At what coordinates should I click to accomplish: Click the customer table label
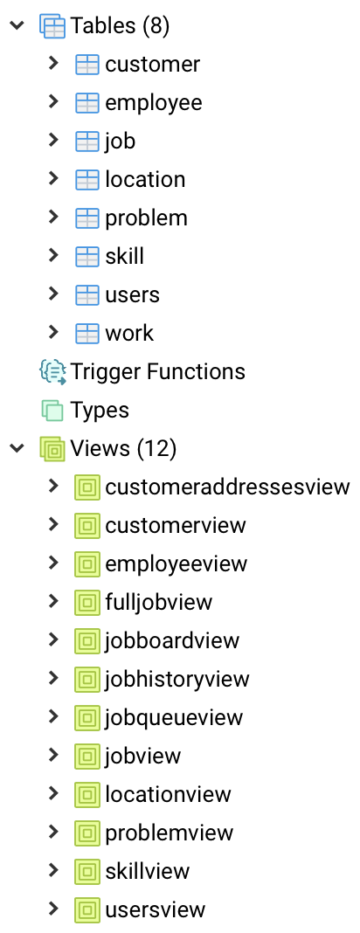click(x=152, y=65)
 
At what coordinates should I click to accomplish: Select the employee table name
click(x=154, y=103)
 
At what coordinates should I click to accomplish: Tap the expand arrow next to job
click(x=53, y=140)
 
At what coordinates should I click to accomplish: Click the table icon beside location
click(x=87, y=180)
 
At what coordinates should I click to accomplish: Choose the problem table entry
click(x=147, y=218)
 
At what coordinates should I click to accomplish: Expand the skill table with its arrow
click(x=53, y=255)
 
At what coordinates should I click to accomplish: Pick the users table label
click(x=132, y=295)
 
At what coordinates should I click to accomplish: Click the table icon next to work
click(x=87, y=333)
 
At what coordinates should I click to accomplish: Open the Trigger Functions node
click(x=157, y=371)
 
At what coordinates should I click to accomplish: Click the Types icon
click(x=52, y=410)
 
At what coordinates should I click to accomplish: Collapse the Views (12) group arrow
click(x=17, y=448)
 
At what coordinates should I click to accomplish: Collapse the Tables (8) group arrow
click(x=17, y=25)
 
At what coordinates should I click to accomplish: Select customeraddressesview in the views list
click(x=227, y=487)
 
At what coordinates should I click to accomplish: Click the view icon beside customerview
click(x=87, y=525)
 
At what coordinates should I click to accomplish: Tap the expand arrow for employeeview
click(x=53, y=563)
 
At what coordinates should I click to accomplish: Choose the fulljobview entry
click(x=158, y=602)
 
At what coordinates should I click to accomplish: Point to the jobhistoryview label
click(x=177, y=679)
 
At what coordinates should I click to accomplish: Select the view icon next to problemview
click(x=87, y=833)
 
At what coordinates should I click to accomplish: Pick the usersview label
click(x=155, y=909)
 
